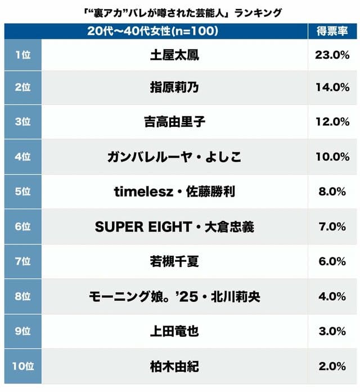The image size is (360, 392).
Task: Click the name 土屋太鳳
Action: (174, 55)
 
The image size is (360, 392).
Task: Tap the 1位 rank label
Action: (22, 55)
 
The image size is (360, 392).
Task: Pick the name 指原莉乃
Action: (174, 87)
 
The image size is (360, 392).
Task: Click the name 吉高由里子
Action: (174, 122)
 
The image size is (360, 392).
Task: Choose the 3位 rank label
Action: (22, 122)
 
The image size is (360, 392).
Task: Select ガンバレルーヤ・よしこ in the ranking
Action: (174, 157)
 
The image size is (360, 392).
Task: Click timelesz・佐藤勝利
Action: (174, 192)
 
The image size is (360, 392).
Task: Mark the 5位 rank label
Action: (22, 192)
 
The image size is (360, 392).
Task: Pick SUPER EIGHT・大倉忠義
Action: (174, 227)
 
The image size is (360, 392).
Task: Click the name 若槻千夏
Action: (174, 262)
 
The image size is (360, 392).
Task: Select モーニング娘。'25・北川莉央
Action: (174, 297)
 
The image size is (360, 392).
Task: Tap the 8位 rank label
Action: (22, 297)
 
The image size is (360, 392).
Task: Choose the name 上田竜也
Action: (174, 332)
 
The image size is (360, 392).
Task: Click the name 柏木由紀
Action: (174, 367)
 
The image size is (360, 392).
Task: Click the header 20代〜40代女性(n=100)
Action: (153, 32)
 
